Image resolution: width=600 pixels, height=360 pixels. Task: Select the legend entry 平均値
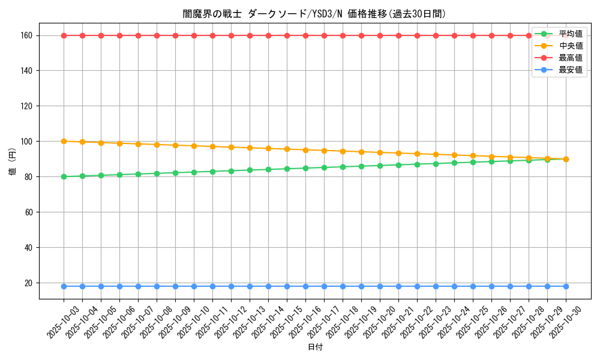coord(570,34)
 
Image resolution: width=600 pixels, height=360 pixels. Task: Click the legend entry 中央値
coord(570,46)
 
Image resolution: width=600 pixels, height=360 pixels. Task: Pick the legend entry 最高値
coord(570,58)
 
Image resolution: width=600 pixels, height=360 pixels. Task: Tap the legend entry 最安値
coord(570,70)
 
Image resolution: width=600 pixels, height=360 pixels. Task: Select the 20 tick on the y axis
coord(29,283)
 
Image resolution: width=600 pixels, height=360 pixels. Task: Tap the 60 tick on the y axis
coord(29,212)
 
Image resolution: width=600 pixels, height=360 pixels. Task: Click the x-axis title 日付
coord(315,347)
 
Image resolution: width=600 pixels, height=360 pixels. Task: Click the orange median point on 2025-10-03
coord(64,142)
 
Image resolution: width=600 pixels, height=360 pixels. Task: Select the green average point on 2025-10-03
coord(64,176)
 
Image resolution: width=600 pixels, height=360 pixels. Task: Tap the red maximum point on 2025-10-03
coord(64,35)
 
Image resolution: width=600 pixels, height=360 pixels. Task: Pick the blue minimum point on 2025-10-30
coord(566,286)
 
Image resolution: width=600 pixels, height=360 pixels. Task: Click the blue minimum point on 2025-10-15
coord(287,286)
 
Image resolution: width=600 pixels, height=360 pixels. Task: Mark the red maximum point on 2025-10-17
coord(324,35)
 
